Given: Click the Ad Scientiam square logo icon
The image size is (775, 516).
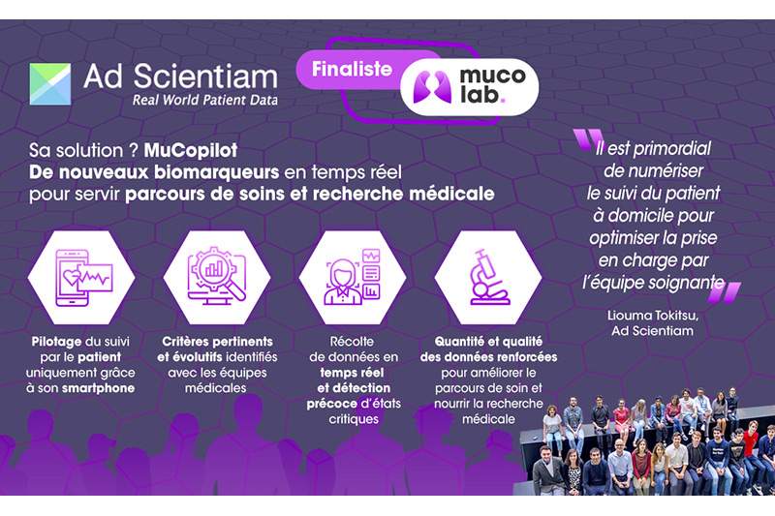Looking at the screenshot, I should (49, 84).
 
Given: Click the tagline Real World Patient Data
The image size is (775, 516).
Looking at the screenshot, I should (205, 100).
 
